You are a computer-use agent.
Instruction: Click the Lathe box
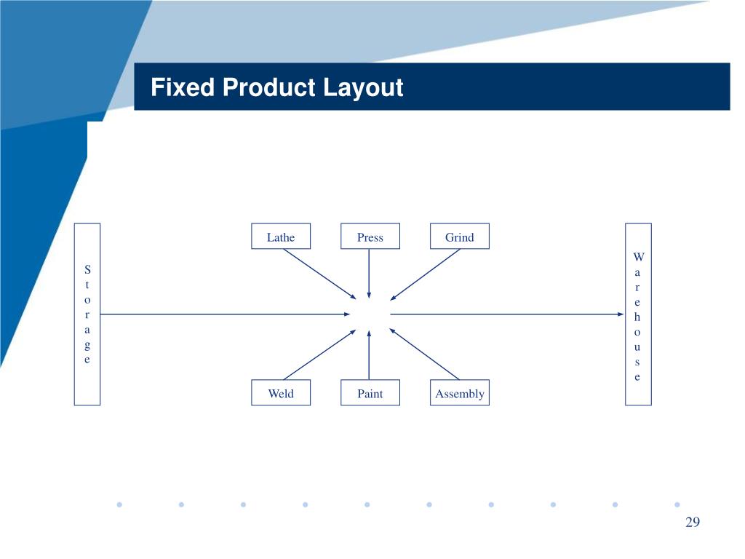[x=281, y=237]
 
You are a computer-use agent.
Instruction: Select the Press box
[x=370, y=237]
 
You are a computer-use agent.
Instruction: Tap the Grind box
[x=459, y=237]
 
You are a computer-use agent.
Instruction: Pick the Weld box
[x=281, y=393]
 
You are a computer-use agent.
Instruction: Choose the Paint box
[x=370, y=393]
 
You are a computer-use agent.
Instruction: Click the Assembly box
[x=459, y=393]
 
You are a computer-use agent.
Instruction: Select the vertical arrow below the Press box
[x=370, y=273]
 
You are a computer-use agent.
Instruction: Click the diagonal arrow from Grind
[x=426, y=274]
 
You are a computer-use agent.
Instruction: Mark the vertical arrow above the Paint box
[x=370, y=355]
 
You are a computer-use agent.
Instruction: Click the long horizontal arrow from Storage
[x=226, y=314]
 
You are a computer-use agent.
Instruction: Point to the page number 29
[x=692, y=522]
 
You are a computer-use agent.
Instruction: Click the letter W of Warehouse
[x=638, y=258]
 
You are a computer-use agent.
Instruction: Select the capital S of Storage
[x=87, y=269]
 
